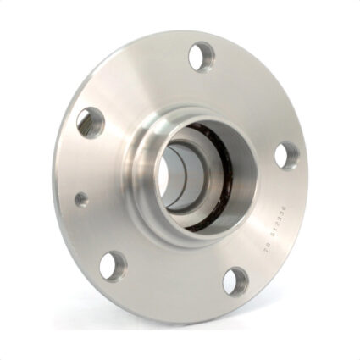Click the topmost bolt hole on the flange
[x=200, y=58]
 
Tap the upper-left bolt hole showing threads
[x=90, y=122]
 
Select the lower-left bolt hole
[x=113, y=264]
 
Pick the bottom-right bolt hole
[x=238, y=281]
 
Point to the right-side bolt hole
[x=286, y=155]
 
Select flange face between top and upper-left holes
[x=140, y=80]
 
